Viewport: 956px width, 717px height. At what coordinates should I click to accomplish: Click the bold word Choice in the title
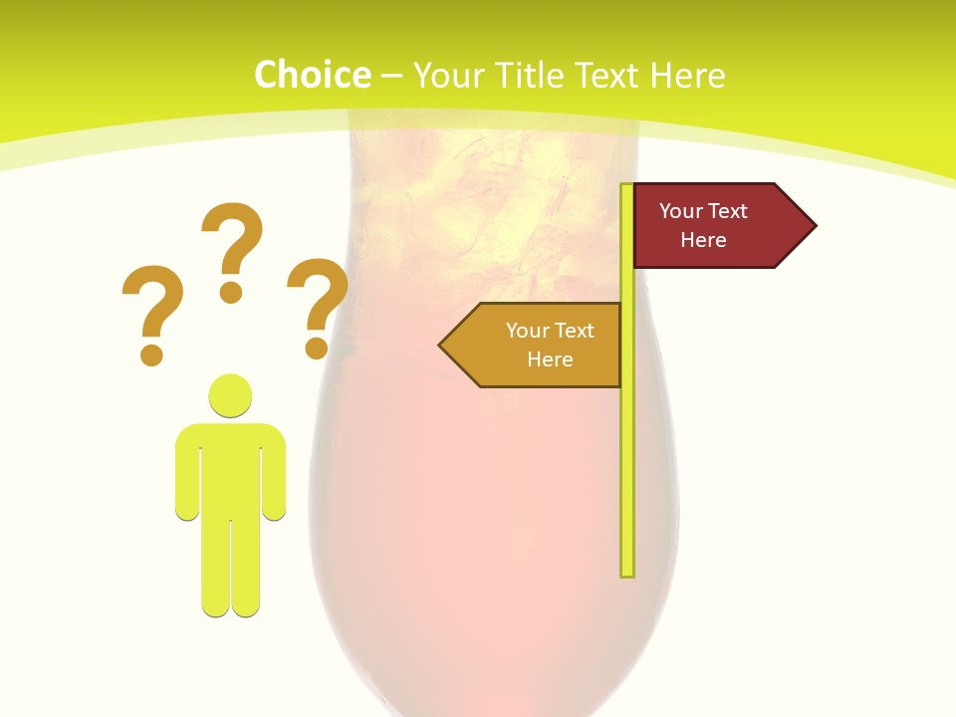312,76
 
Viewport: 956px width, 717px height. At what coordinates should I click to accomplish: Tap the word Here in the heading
687,76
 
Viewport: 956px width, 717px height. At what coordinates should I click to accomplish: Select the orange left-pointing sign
539,346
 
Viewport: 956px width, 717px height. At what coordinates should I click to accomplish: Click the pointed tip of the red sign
813,226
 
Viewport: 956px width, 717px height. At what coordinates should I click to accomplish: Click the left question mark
151,304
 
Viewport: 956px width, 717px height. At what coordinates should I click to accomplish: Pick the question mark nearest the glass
318,299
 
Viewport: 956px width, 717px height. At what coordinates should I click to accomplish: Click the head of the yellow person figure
230,395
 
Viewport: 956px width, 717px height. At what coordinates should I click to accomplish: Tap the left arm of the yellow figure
187,473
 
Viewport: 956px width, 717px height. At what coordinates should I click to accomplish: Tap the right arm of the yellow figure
274,473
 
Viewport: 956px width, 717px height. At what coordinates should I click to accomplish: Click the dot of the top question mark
231,292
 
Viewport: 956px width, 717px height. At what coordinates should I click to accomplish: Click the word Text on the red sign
728,211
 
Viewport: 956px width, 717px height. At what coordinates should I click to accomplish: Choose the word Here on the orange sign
550,359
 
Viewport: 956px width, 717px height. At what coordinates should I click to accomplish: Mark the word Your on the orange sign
527,331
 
